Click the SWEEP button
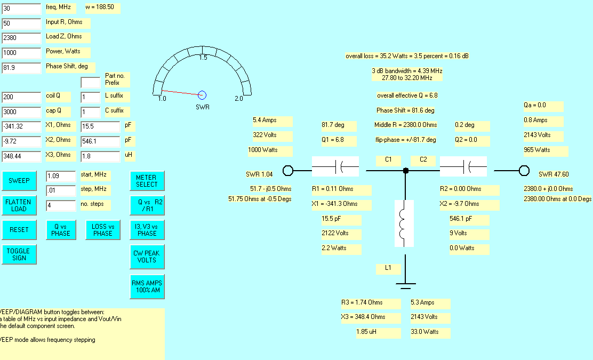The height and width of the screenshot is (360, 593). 19,181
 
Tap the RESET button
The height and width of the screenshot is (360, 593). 19,230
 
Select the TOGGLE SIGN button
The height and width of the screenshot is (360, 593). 19,254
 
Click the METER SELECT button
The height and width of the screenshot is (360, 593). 147,181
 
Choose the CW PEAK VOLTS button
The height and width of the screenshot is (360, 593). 147,257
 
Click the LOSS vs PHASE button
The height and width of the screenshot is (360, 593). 103,230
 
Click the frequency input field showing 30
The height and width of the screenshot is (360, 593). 21,9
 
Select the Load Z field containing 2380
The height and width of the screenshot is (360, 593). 21,38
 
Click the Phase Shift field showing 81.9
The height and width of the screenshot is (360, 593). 21,68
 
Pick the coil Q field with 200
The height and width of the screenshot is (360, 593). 21,97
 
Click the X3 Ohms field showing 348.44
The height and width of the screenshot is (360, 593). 21,156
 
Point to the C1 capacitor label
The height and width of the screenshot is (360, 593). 388,159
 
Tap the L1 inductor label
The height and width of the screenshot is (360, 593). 388,268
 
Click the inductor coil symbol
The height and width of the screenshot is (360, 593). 404,223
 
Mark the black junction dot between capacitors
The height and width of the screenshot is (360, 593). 406,171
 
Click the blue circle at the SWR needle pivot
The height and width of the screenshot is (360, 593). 202,95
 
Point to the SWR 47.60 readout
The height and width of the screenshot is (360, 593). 554,174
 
